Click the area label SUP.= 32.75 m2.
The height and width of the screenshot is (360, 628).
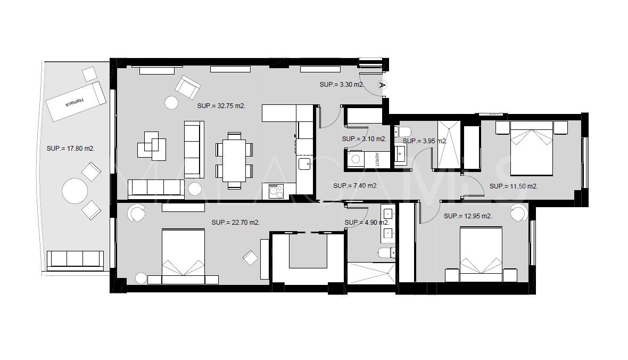(x=221, y=106)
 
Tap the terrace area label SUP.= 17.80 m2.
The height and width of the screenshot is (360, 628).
(x=70, y=149)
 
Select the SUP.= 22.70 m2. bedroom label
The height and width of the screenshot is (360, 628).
(x=235, y=223)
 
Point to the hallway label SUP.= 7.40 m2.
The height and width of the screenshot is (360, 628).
(x=355, y=186)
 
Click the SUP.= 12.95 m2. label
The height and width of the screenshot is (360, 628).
(x=467, y=216)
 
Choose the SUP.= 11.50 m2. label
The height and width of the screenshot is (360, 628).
(x=513, y=186)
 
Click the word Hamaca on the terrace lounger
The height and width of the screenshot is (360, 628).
(x=75, y=103)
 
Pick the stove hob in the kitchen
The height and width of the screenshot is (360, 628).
(x=276, y=190)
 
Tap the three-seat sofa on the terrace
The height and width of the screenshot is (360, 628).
(x=75, y=260)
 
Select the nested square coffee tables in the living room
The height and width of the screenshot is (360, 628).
(x=152, y=145)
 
